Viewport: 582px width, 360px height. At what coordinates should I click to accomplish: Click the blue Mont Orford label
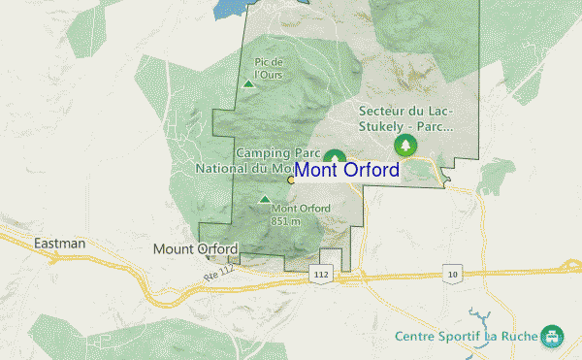(346, 170)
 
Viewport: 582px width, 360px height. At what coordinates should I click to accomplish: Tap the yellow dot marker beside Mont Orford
(291, 180)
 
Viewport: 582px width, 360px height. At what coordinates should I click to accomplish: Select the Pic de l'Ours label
(268, 68)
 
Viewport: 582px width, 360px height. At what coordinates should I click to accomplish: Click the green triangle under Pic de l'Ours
(249, 84)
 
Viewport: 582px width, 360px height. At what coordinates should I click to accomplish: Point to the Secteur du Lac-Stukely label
(404, 117)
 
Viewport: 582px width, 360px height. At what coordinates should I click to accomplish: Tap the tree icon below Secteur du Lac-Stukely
(404, 146)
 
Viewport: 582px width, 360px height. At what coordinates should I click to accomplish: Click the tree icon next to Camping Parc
(335, 157)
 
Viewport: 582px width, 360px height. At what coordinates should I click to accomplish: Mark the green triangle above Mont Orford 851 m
(265, 200)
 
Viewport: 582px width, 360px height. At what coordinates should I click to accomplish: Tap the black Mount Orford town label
(195, 249)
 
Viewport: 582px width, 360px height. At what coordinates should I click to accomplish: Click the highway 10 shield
(453, 276)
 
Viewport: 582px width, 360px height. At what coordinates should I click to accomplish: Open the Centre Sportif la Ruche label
(467, 337)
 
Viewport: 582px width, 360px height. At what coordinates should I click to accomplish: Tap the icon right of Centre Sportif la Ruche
(553, 336)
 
